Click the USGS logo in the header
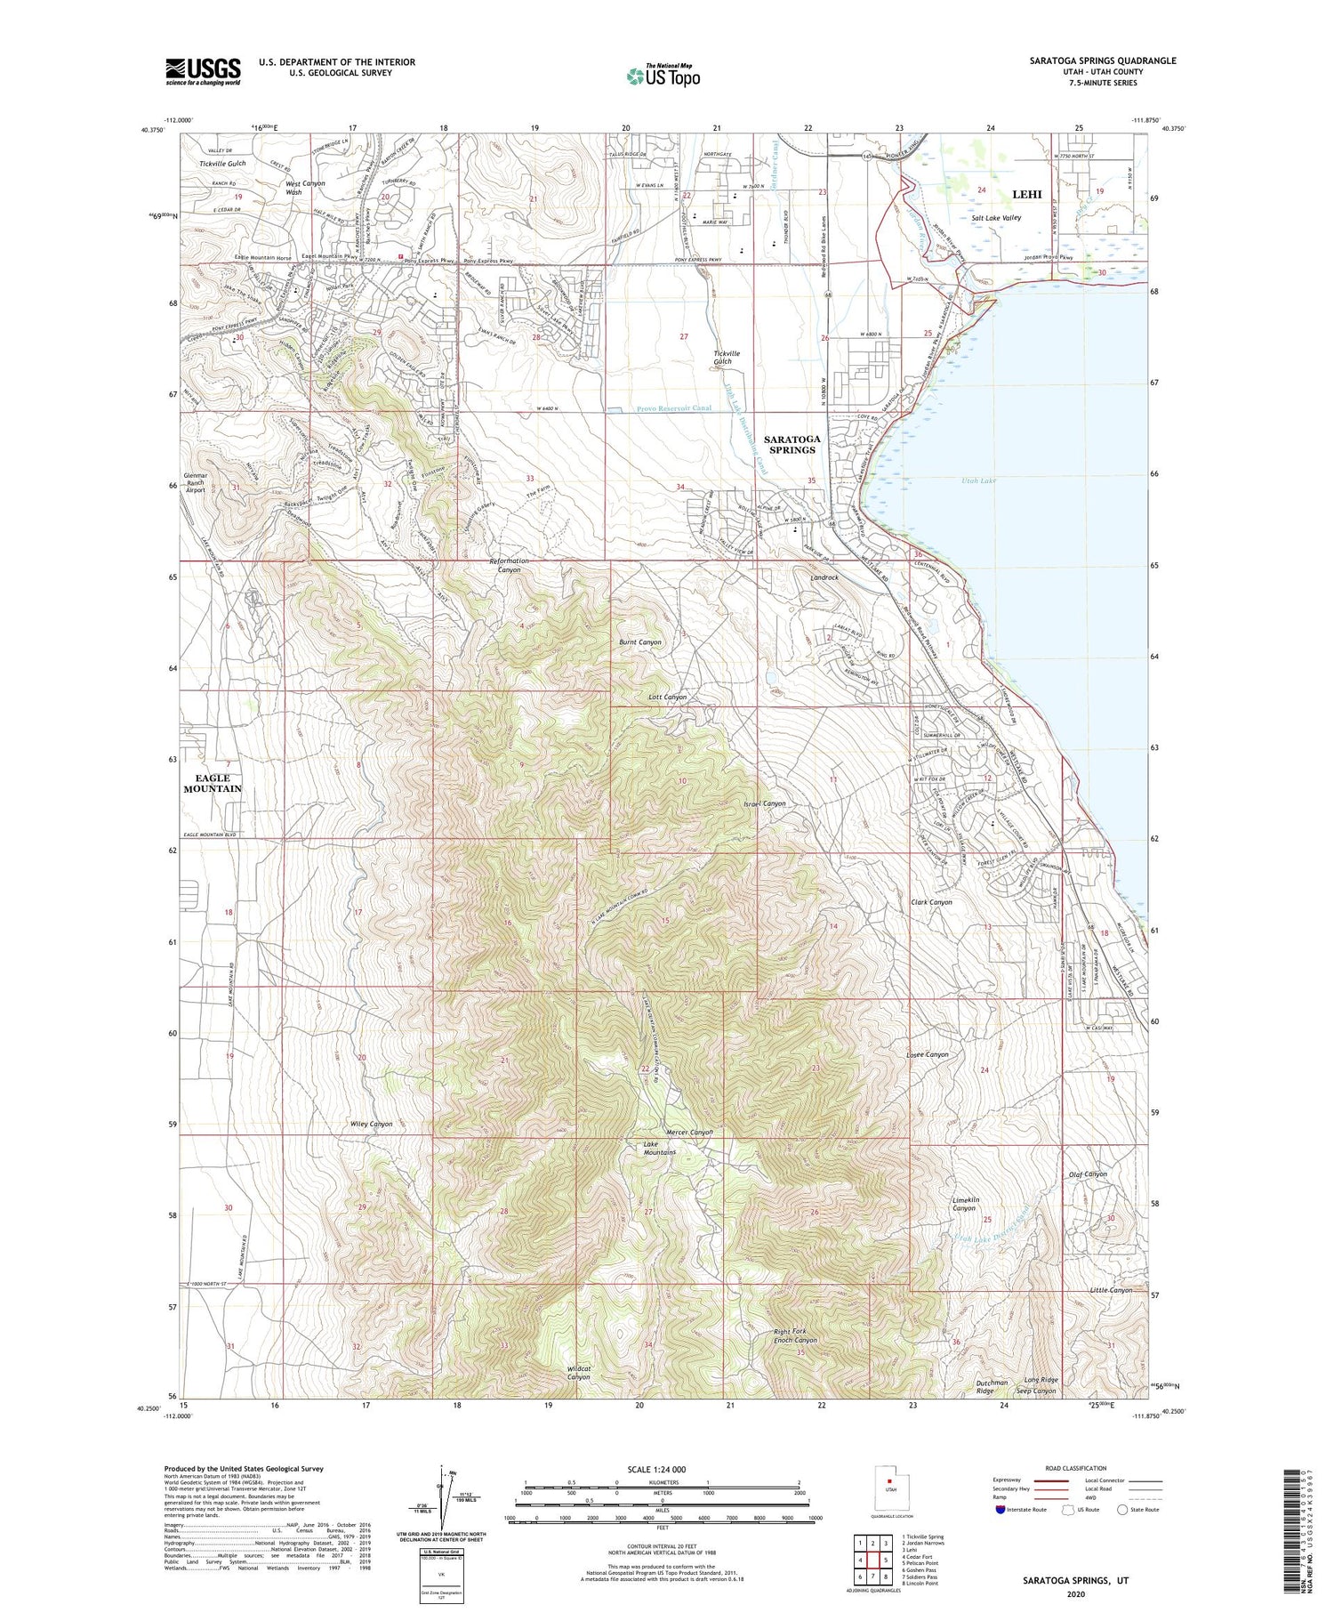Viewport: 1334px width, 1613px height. coord(203,71)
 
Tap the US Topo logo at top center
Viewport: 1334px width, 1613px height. coord(663,77)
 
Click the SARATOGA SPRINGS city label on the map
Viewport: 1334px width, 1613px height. coord(792,444)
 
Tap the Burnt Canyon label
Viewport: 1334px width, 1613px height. coord(640,641)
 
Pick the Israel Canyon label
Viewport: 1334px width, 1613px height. coord(764,803)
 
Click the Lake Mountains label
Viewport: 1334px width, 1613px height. coord(659,1148)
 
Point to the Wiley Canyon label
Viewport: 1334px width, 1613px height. coord(371,1124)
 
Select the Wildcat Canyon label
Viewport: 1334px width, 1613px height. coord(578,1373)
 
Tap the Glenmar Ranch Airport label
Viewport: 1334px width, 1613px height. coord(195,485)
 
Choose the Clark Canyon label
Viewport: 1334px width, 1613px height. coord(931,902)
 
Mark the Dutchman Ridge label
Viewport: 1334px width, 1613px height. coord(992,1386)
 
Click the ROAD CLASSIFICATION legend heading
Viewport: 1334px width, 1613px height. coord(1076,1468)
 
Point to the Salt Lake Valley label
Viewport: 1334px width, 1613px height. coord(996,218)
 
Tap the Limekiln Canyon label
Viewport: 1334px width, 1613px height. coord(965,1204)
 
